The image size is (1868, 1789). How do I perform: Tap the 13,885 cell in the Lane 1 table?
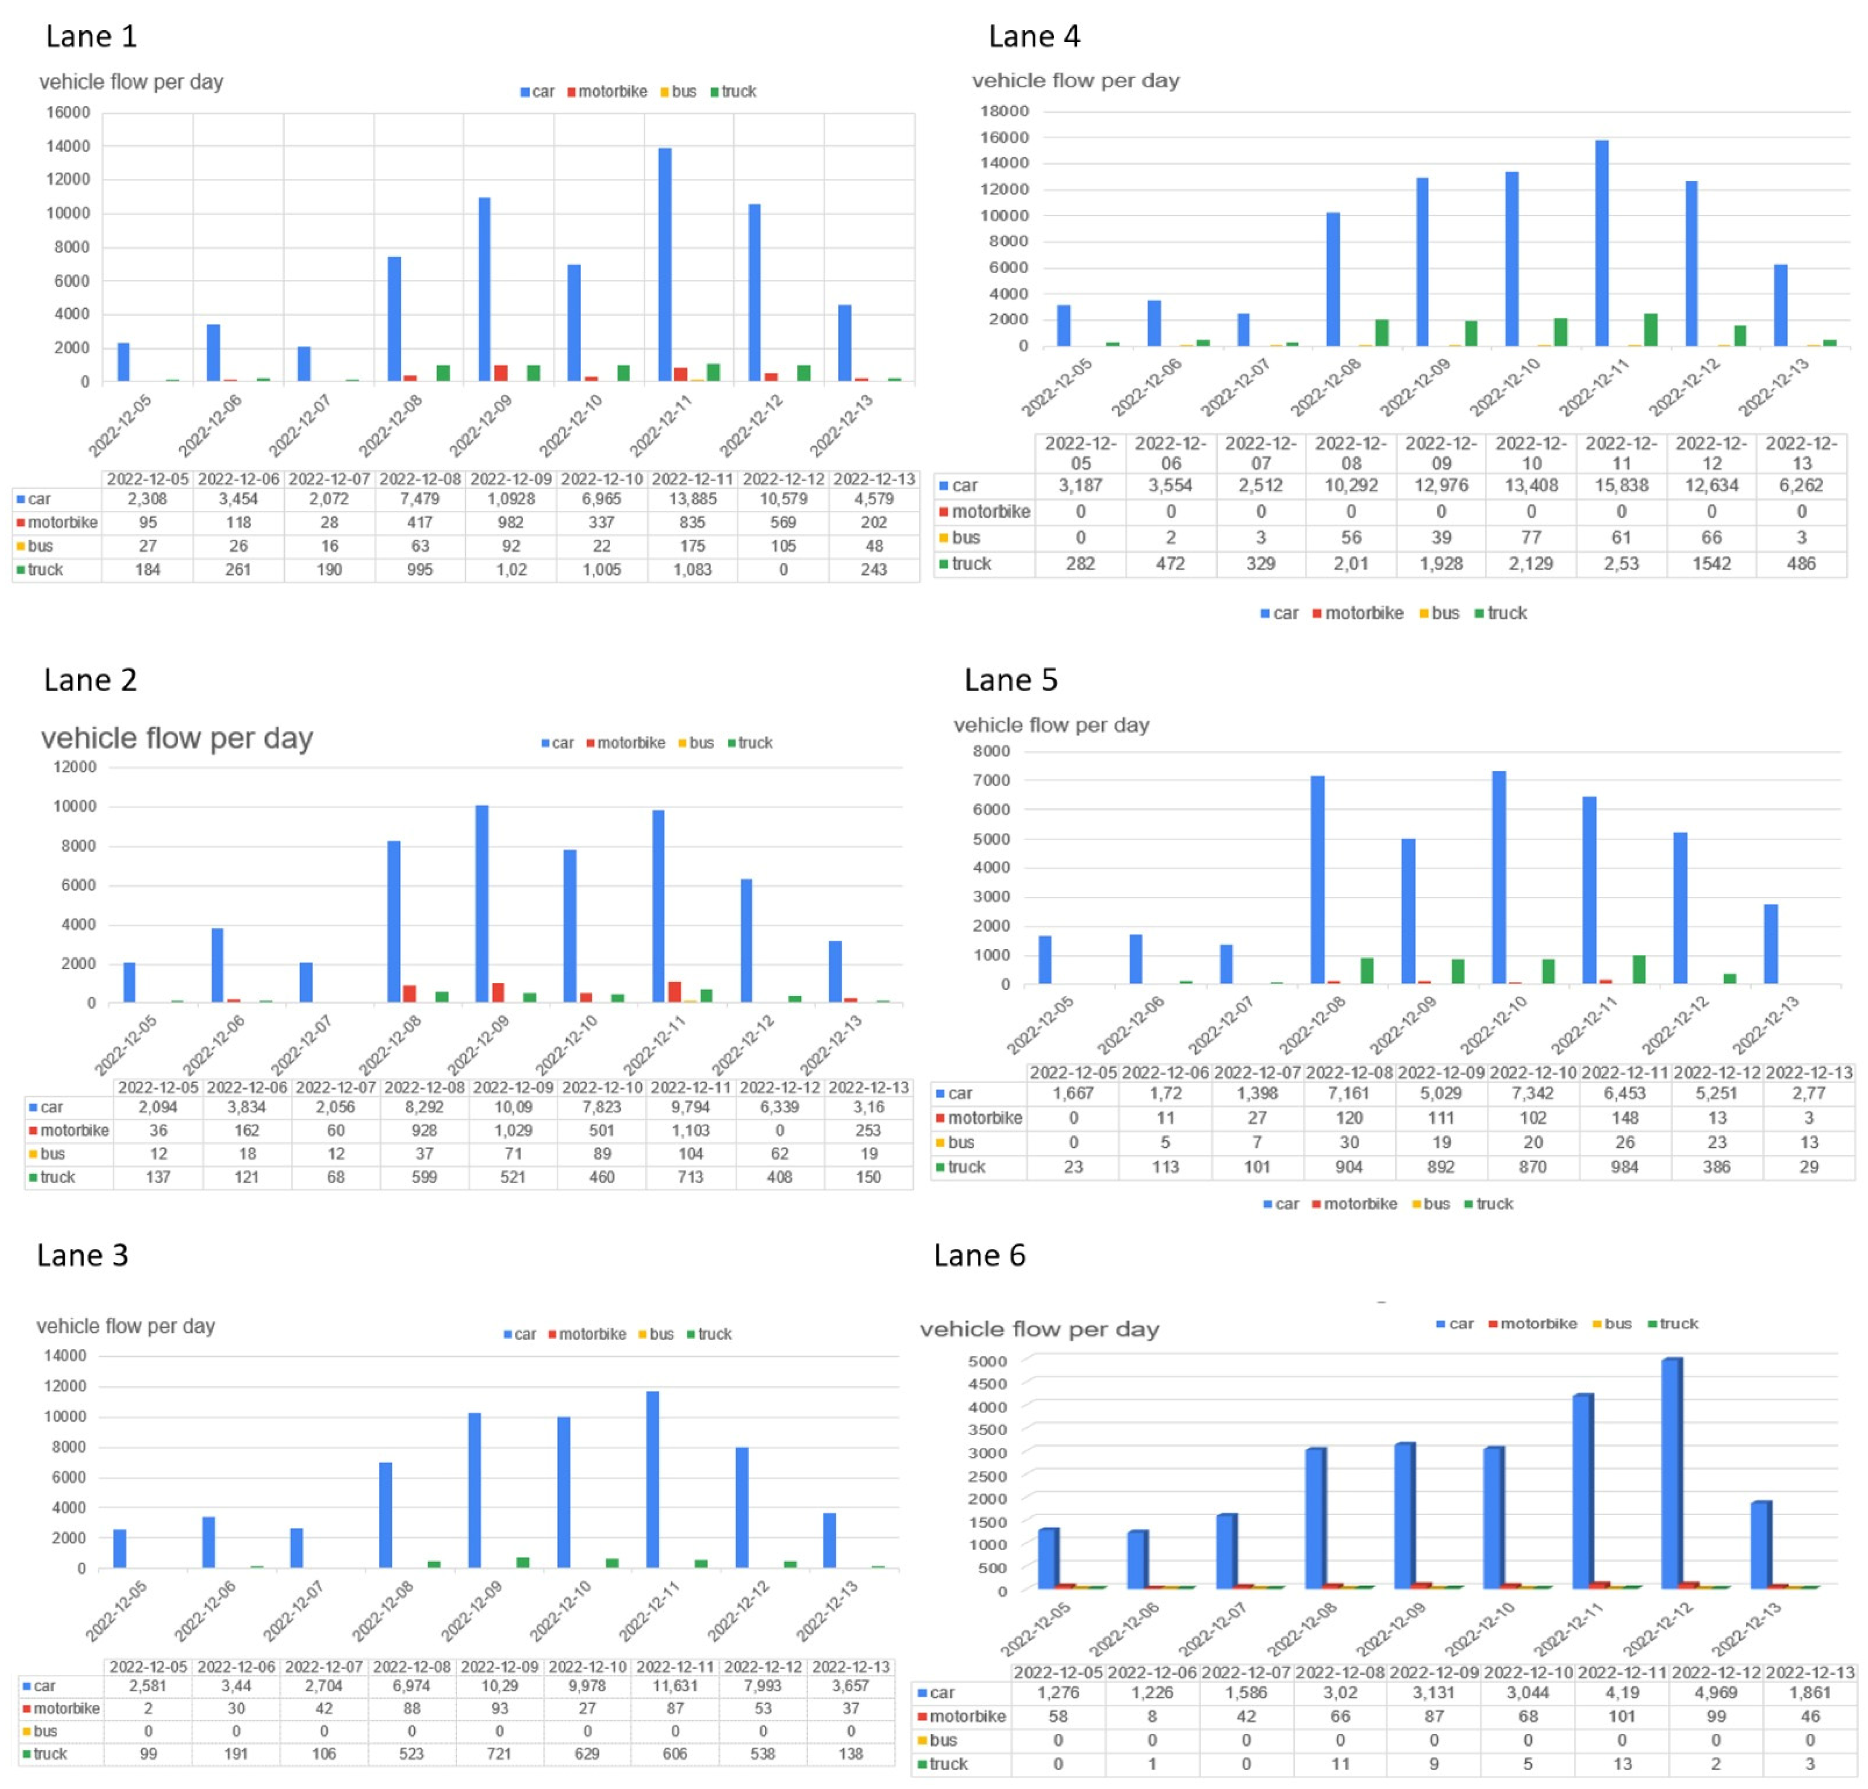692,499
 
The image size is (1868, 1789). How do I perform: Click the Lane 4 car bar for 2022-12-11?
1602,243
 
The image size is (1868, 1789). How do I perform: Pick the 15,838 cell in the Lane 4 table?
1621,485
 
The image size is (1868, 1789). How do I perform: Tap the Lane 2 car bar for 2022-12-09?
482,904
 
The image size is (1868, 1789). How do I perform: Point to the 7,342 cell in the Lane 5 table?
1532,1093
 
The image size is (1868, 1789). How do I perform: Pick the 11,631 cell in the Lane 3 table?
675,1685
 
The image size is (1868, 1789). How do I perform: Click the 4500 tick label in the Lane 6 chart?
988,1384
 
